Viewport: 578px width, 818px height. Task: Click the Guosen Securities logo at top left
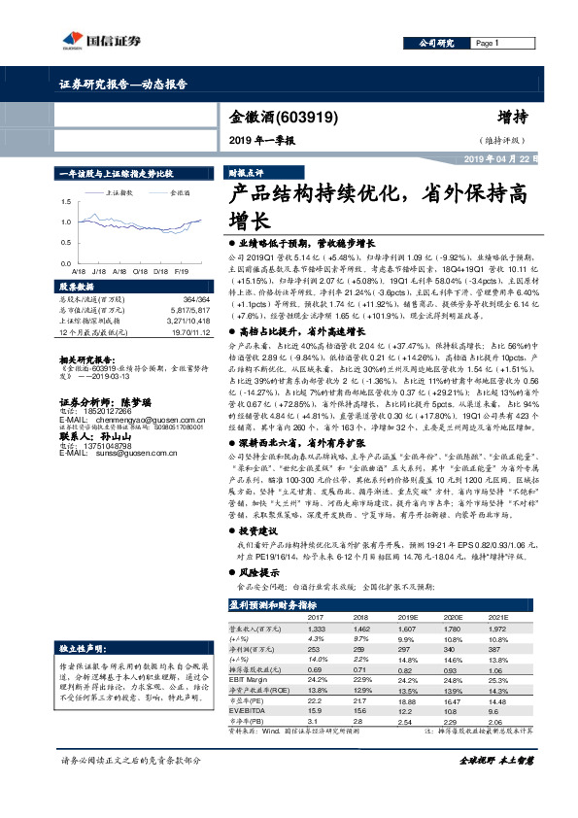tap(85, 40)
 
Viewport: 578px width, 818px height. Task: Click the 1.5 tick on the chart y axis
tap(65, 201)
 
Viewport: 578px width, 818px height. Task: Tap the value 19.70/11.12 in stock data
tap(183, 331)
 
